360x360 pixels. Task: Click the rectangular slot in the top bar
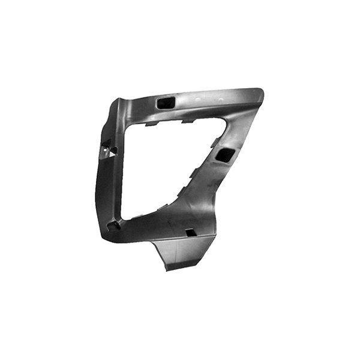pyautogui.click(x=163, y=103)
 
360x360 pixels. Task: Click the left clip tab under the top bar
pyautogui.click(x=153, y=124)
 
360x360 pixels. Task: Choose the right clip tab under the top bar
pyautogui.click(x=187, y=121)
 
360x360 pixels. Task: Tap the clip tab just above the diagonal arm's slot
pyautogui.click(x=215, y=142)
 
